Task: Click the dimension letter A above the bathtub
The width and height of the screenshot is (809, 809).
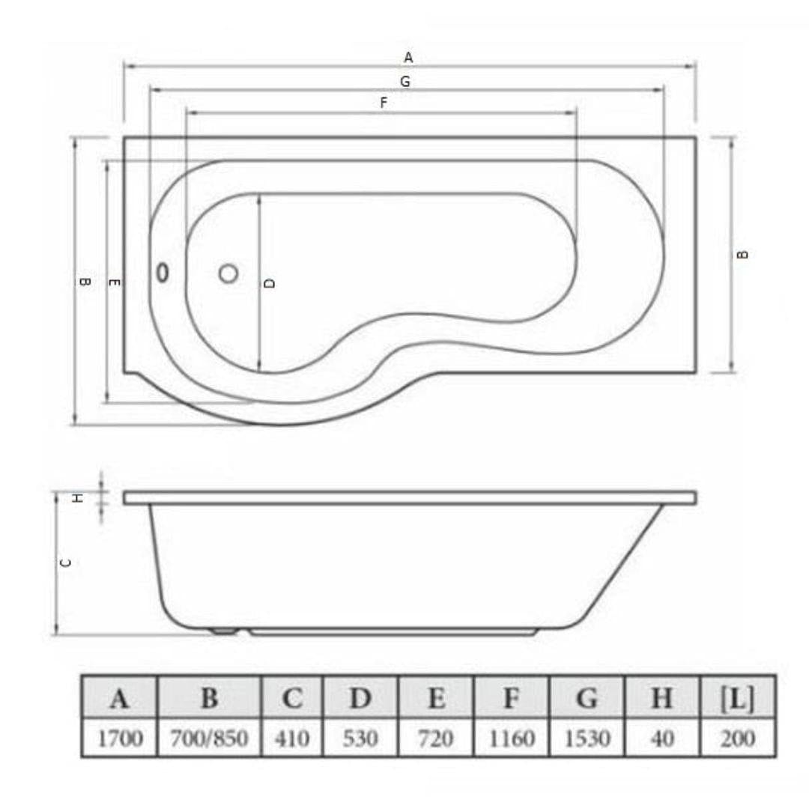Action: pyautogui.click(x=408, y=57)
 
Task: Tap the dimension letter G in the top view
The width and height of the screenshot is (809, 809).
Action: pyautogui.click(x=405, y=82)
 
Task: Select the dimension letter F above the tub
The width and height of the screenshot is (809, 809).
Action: pyautogui.click(x=384, y=103)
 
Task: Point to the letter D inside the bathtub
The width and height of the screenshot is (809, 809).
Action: pyautogui.click(x=270, y=282)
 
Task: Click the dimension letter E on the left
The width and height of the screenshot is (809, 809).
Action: pyautogui.click(x=115, y=282)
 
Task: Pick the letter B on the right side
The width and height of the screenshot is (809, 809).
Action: pyautogui.click(x=742, y=255)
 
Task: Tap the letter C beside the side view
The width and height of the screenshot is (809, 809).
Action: pyautogui.click(x=66, y=563)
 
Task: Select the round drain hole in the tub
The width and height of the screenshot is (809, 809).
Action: pyautogui.click(x=228, y=273)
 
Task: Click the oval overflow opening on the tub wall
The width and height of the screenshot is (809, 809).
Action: pyautogui.click(x=163, y=273)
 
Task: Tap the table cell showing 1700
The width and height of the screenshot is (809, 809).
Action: pyautogui.click(x=119, y=739)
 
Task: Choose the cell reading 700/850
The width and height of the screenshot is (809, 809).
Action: pyautogui.click(x=210, y=739)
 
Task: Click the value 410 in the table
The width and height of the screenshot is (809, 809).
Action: pyautogui.click(x=292, y=739)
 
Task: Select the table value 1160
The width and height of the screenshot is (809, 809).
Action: pyautogui.click(x=511, y=739)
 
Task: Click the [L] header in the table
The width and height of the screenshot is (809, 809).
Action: pyautogui.click(x=737, y=699)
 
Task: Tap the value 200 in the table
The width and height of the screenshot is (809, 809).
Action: pyautogui.click(x=737, y=739)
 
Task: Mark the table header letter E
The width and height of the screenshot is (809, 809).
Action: pyautogui.click(x=436, y=699)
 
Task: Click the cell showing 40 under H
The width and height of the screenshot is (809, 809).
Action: pyautogui.click(x=661, y=739)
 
